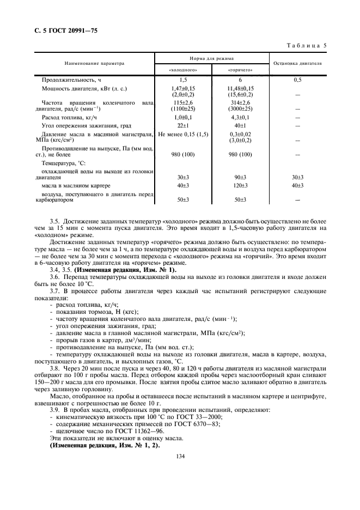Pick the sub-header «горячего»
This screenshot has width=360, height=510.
point(240,70)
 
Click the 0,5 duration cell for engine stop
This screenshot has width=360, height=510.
point(297,80)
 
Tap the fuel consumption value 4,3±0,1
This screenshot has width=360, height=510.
point(240,117)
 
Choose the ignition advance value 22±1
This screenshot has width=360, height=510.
point(182,125)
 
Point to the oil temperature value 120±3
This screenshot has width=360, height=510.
point(240,185)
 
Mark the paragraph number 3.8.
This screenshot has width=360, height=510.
point(54,369)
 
